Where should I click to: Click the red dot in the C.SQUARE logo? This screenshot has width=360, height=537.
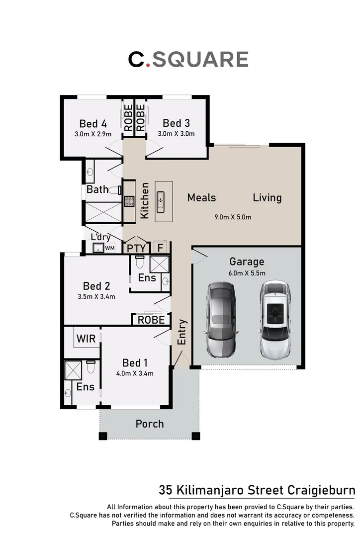[x=148, y=65]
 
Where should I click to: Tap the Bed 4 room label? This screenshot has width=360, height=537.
[x=93, y=123]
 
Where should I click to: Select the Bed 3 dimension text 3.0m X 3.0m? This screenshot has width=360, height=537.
[x=176, y=134]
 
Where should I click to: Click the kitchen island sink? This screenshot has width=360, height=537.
[x=161, y=201]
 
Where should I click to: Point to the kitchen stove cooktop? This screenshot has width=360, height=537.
[x=129, y=201]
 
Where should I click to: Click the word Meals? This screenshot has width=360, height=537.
[x=201, y=197]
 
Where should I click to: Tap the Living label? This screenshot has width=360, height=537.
[x=267, y=197]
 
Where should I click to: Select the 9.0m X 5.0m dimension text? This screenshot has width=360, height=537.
[x=233, y=217]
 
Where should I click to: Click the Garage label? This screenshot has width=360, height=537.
[x=247, y=262]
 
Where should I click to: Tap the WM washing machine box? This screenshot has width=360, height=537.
[x=110, y=248]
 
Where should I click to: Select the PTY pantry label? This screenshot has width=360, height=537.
[x=136, y=248]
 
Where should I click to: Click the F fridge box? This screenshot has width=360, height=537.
[x=160, y=248]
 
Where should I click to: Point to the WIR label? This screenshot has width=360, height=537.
[x=86, y=339]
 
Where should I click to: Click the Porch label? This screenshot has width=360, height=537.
[x=150, y=424]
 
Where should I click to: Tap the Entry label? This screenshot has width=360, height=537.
[x=181, y=332]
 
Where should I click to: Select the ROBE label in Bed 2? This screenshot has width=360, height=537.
[x=151, y=320]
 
